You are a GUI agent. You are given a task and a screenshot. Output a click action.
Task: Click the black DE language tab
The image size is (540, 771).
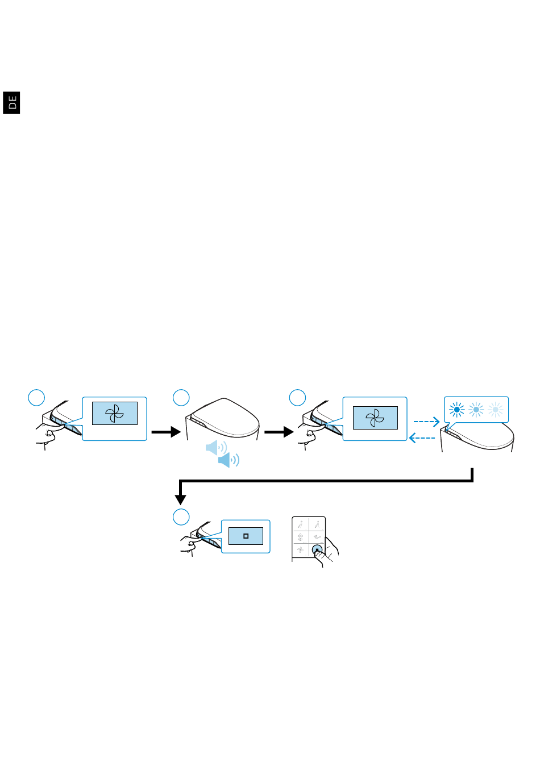coord(11,103)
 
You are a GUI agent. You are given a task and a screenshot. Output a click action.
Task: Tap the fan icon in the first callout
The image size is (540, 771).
coord(114,414)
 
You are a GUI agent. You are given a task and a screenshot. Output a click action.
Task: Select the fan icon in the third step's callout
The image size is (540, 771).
coord(375,418)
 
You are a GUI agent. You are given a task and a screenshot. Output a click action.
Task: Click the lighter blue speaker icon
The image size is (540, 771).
coord(216,448)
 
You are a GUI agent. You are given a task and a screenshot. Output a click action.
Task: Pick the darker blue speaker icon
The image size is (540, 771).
coord(229,460)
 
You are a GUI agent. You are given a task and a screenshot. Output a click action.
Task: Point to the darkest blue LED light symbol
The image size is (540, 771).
coord(456,410)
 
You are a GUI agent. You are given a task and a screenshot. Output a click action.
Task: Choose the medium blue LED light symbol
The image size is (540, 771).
coord(476,410)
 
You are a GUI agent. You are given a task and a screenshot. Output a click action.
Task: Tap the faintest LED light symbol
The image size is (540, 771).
coord(495,410)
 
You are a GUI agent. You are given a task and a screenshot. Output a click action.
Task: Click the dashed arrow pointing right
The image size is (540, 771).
coord(426,422)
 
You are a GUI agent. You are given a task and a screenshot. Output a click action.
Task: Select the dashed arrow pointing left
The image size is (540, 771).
coord(422,438)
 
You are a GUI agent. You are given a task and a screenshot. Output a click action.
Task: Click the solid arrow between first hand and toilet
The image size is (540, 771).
coord(166,432)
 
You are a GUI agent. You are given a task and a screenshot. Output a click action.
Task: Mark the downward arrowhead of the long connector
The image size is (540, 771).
coord(180,499)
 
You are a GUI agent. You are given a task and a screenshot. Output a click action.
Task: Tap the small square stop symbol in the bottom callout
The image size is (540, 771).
coord(246,536)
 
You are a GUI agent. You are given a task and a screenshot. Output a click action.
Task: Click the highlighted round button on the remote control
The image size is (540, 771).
coord(317,549)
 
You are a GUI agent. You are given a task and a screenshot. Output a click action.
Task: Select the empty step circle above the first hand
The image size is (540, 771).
coord(36,398)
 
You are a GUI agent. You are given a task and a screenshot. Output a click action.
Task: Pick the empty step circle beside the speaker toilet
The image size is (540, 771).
coord(181,398)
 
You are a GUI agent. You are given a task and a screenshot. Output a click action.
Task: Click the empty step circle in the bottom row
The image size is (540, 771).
coord(181,517)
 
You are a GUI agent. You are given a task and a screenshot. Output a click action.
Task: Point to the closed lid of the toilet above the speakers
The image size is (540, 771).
coord(224,416)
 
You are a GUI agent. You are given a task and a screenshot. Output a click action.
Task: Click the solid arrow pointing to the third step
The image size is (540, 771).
coord(279,432)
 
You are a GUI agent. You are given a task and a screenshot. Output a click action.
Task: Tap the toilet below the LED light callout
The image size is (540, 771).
coord(477,437)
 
